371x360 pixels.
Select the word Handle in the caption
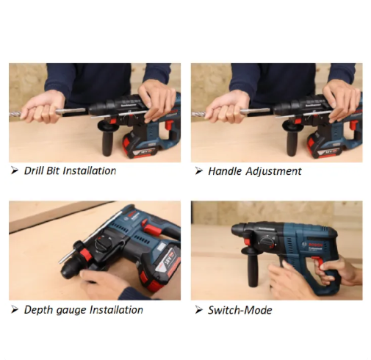pos(225,171)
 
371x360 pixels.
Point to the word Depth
pos(38,310)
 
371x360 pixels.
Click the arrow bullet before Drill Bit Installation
pos(15,171)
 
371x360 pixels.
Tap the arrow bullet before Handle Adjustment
pos(198,171)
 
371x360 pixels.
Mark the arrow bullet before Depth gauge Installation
pos(15,310)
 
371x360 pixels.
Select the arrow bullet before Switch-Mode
pos(198,310)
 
